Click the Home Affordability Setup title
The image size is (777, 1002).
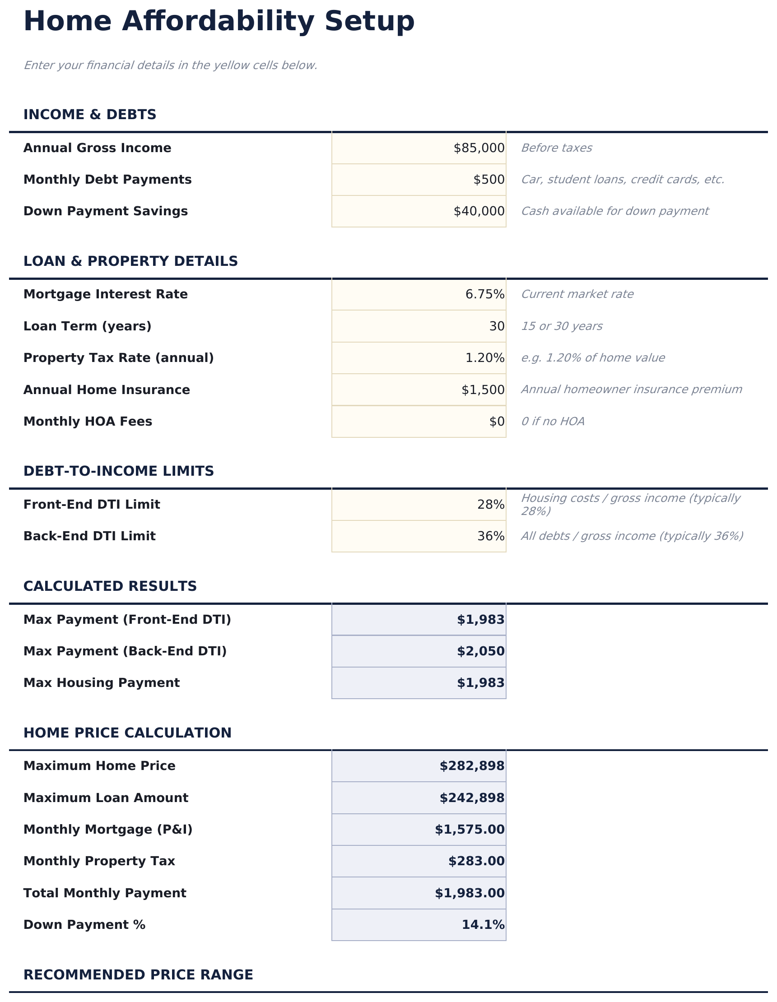[x=219, y=22]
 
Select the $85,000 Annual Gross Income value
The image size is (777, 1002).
[x=479, y=148]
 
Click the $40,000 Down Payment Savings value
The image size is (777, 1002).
[x=479, y=212]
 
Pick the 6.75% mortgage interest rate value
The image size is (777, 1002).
[x=484, y=295]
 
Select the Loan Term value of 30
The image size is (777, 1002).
[x=497, y=327]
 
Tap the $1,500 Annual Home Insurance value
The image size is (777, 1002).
[x=483, y=390]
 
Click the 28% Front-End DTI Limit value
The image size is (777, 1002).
[x=491, y=505]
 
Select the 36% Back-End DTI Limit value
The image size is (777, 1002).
[x=491, y=536]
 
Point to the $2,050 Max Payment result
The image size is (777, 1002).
[x=480, y=651]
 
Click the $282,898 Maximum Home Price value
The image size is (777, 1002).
[x=472, y=766]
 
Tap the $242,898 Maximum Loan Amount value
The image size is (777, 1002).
[x=472, y=798]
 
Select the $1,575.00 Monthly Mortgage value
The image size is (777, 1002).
[x=470, y=830]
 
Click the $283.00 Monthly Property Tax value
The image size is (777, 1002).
[x=476, y=861]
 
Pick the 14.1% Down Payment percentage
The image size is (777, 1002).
[x=483, y=925]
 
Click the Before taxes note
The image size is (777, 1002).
[x=556, y=148]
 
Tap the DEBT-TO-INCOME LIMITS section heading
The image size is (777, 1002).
[x=118, y=471]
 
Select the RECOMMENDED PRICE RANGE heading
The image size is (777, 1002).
[x=138, y=975]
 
